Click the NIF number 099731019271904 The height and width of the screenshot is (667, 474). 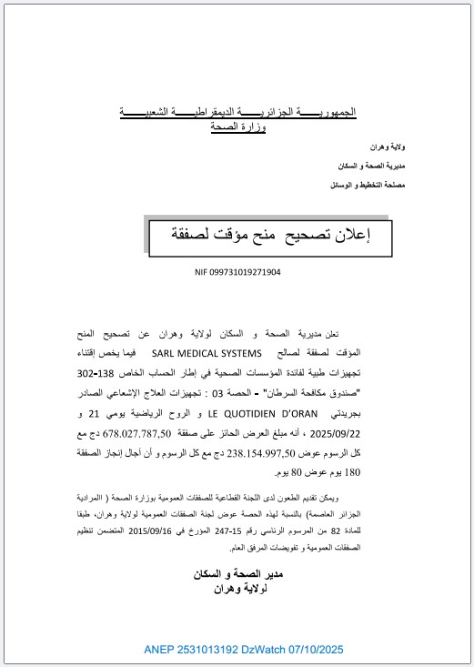(x=237, y=271)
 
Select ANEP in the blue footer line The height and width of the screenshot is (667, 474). (x=158, y=651)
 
